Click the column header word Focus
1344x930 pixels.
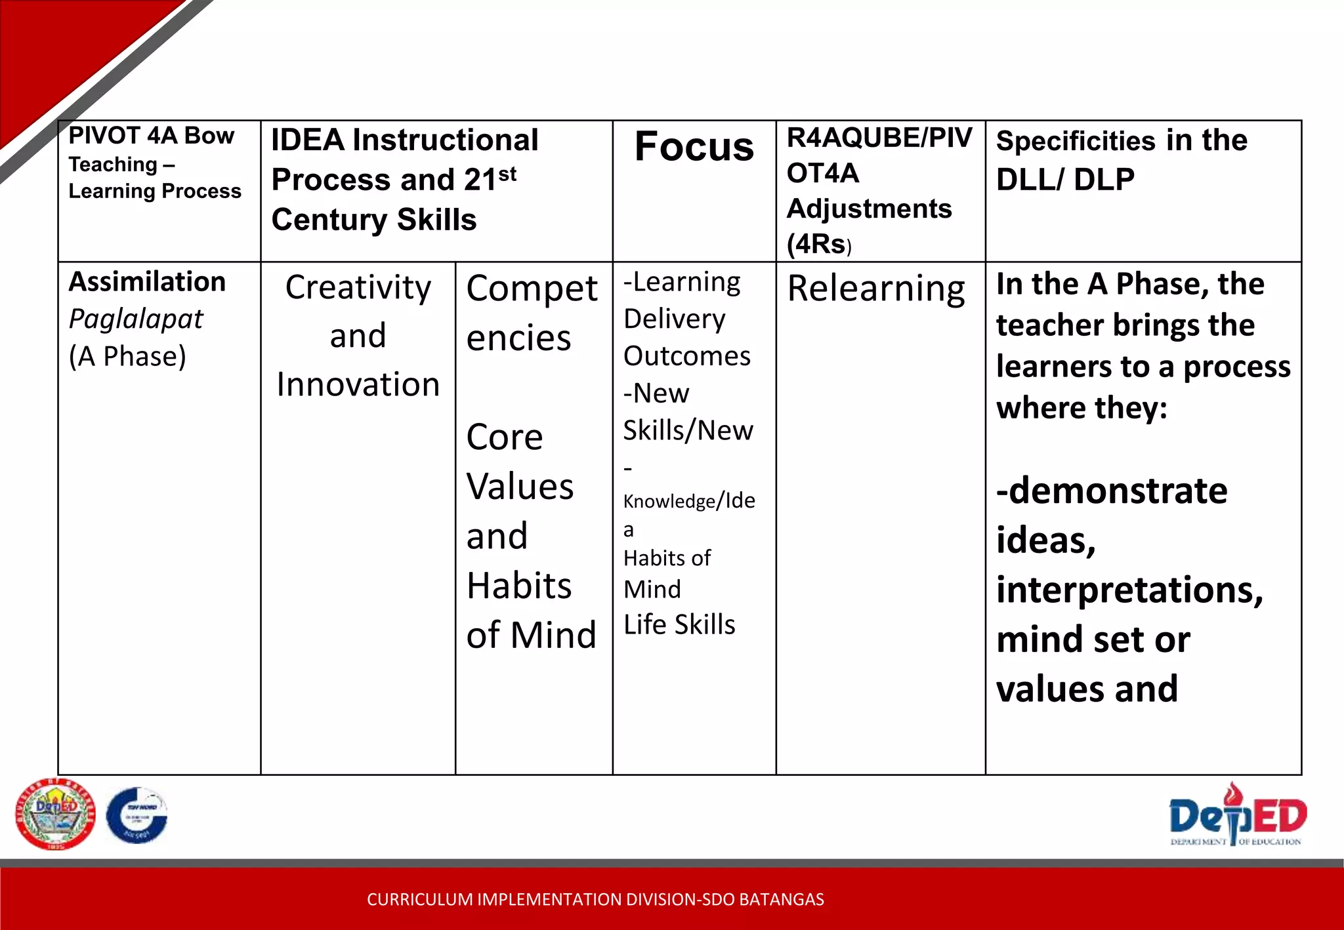click(694, 147)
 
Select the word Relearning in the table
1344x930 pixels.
click(876, 289)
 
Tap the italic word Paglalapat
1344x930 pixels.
click(136, 319)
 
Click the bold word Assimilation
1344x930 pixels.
click(148, 282)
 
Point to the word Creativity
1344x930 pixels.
click(358, 288)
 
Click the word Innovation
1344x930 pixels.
click(358, 384)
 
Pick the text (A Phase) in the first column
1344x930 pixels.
click(128, 357)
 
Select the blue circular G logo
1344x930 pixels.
click(137, 815)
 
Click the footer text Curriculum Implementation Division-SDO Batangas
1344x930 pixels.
click(595, 899)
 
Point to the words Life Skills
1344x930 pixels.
click(679, 624)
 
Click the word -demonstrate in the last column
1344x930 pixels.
click(1112, 491)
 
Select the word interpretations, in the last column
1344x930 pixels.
click(1129, 590)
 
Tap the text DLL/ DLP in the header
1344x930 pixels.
click(1065, 180)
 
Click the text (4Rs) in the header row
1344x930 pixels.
click(818, 245)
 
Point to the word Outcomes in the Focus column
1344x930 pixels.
click(687, 356)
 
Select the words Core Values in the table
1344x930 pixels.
click(520, 462)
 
